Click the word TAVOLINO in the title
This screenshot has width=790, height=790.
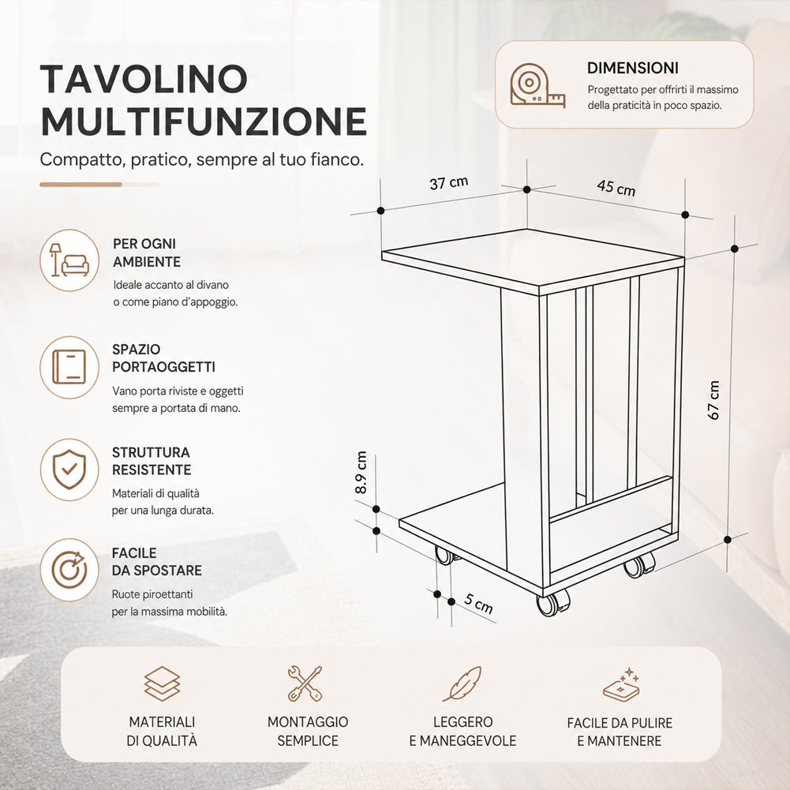tap(144, 79)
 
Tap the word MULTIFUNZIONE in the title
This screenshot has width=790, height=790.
tap(204, 121)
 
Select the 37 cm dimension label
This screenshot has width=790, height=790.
tap(449, 182)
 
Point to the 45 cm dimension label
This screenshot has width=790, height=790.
tap(616, 187)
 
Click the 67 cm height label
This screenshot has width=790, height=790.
tap(713, 401)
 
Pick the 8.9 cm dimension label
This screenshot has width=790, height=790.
tap(361, 473)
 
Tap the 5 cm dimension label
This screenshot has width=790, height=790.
tap(478, 603)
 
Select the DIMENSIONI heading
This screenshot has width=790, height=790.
tap(633, 68)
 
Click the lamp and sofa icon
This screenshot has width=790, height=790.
tap(69, 260)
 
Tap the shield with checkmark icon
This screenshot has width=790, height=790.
tap(69, 470)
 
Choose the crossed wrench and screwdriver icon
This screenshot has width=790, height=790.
tap(305, 683)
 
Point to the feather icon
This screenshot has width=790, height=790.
tap(462, 683)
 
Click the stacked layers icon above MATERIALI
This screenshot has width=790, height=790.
tap(162, 683)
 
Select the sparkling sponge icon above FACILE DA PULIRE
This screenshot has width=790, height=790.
tap(622, 685)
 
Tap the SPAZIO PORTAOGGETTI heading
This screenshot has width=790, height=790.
tap(163, 358)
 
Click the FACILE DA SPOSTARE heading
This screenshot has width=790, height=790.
tap(157, 562)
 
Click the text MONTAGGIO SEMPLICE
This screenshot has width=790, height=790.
tap(308, 731)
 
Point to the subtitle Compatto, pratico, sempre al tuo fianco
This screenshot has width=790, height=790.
tap(202, 159)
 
